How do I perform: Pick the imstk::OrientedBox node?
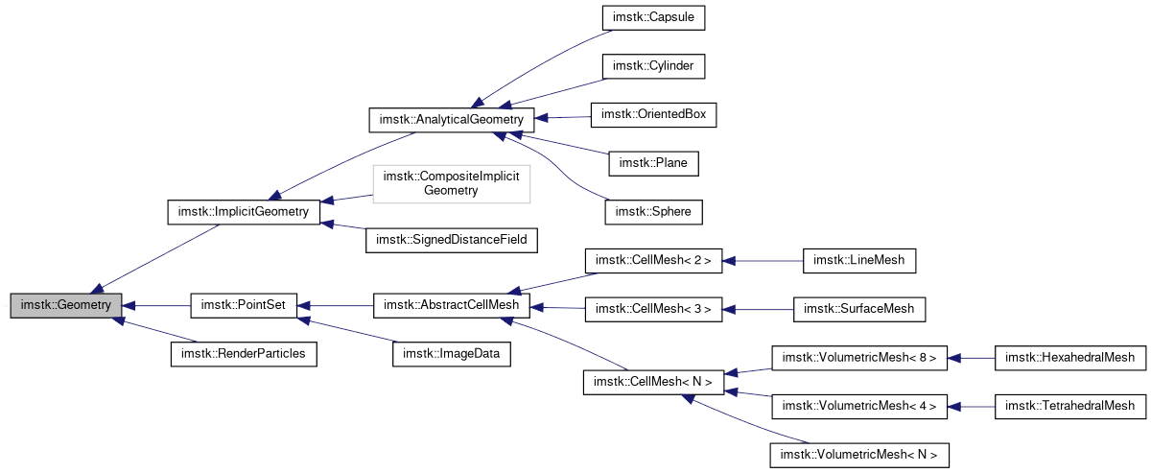click(x=653, y=114)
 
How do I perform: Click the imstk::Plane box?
click(x=653, y=163)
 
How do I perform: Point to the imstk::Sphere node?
click(x=653, y=211)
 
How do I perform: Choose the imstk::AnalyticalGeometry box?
click(x=451, y=120)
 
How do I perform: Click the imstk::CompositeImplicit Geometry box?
click(x=451, y=183)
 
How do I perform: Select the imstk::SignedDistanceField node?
click(x=451, y=238)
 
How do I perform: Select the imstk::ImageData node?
click(x=451, y=354)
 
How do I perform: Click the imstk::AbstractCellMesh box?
click(x=451, y=306)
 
